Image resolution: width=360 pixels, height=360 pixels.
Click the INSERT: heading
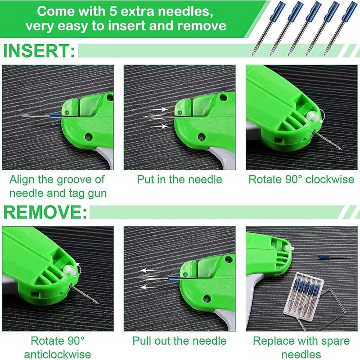39,51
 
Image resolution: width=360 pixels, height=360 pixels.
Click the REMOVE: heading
45,212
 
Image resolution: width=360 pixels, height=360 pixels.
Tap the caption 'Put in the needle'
180,179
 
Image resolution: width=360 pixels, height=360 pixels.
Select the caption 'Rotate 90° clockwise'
301,179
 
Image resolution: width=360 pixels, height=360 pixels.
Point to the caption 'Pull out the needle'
180,341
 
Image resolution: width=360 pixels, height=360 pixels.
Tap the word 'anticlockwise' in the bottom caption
58,354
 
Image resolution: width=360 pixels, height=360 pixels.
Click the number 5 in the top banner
113,12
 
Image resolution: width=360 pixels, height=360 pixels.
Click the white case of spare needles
304,295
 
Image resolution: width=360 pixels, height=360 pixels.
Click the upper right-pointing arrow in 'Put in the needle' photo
160,109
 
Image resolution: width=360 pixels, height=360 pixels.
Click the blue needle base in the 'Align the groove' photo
55,115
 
